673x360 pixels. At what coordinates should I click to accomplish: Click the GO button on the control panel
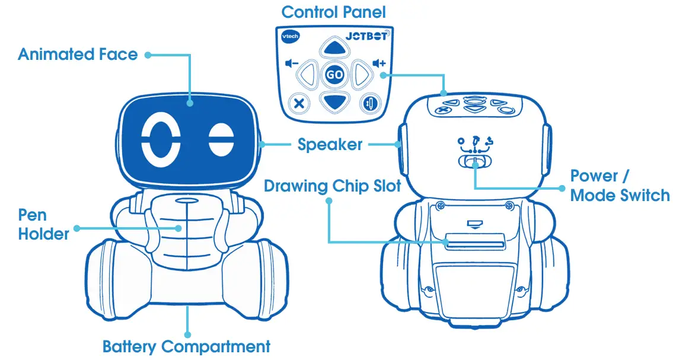tap(334, 75)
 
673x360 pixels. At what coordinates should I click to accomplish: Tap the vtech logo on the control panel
tap(290, 36)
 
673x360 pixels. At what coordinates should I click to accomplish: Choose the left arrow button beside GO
tap(305, 75)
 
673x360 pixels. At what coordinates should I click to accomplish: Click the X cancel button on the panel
tap(299, 103)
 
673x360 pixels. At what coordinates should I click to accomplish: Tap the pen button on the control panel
tap(369, 103)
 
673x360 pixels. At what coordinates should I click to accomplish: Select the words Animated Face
tap(78, 55)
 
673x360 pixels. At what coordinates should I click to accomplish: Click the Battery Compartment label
tap(186, 346)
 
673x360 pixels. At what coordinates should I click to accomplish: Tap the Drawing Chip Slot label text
tap(332, 186)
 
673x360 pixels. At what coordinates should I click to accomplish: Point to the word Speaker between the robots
tap(330, 144)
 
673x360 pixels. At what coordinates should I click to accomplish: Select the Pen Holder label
tap(43, 224)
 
